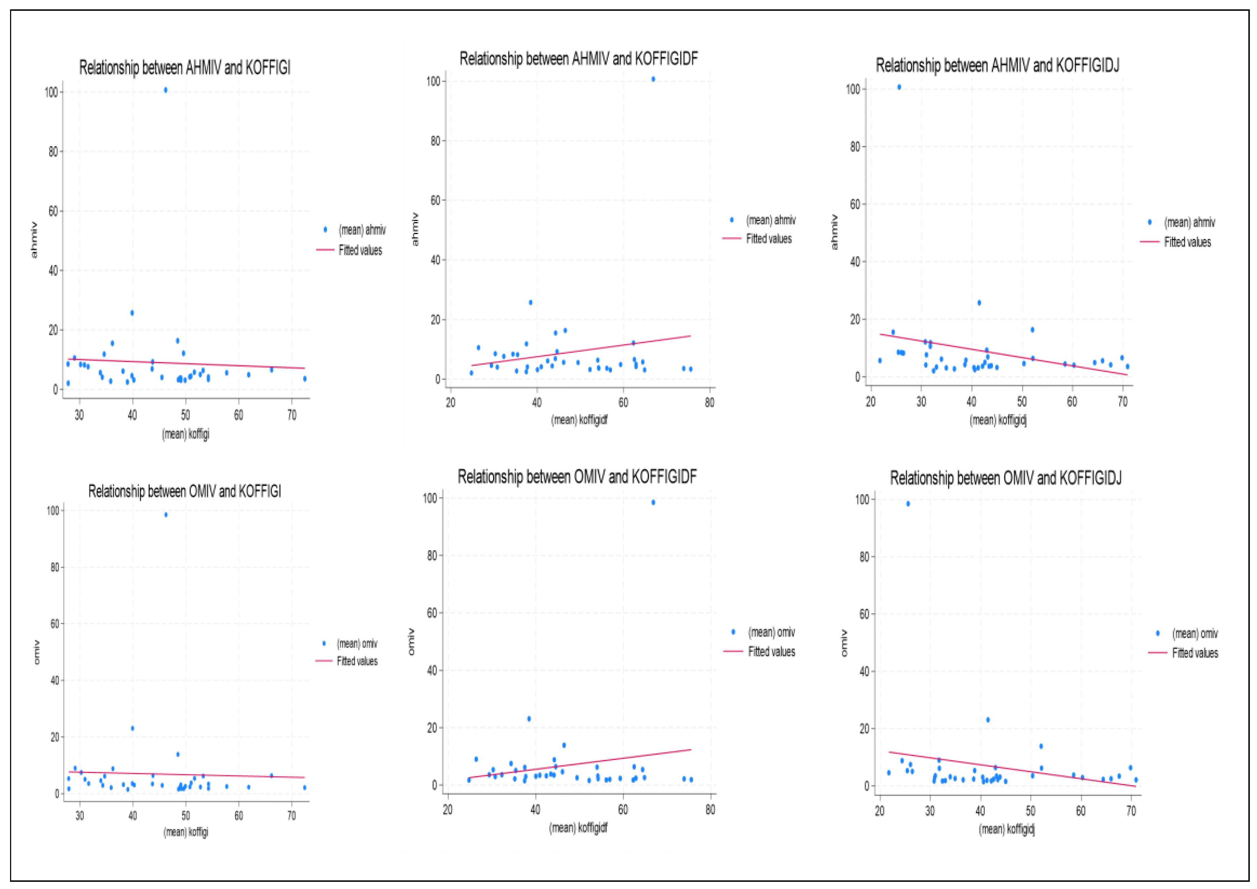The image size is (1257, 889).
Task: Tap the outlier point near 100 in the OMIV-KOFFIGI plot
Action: (166, 514)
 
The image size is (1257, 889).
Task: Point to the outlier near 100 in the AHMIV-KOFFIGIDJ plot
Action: (899, 87)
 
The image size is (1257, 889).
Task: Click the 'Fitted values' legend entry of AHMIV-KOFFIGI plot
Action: (360, 251)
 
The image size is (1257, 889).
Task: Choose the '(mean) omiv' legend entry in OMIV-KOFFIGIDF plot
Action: (771, 632)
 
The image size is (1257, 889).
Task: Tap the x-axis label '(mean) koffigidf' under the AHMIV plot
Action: (579, 420)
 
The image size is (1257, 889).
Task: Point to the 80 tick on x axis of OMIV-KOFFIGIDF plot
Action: (710, 810)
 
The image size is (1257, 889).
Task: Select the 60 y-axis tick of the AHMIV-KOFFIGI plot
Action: (53, 211)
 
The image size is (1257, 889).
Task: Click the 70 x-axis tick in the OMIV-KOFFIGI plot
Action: (291, 816)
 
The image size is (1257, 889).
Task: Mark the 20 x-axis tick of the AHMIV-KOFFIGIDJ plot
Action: (870, 402)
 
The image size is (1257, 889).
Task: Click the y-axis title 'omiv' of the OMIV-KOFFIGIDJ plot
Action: (844, 643)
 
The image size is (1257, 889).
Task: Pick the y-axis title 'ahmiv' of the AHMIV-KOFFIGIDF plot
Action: (415, 229)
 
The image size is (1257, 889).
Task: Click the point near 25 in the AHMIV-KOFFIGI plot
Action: (132, 313)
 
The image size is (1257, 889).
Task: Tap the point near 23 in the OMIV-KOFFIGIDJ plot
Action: (988, 720)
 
